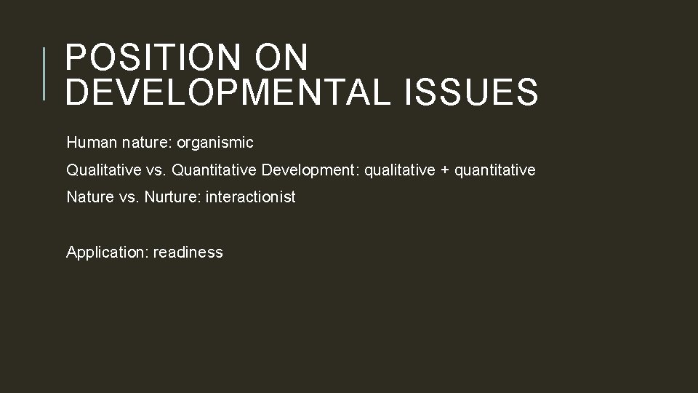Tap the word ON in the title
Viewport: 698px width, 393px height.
click(x=283, y=58)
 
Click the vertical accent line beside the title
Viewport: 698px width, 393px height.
click(x=44, y=73)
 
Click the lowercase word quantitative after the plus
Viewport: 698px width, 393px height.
click(x=494, y=170)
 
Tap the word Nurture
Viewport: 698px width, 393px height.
click(x=173, y=197)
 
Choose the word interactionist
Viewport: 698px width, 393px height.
click(x=251, y=197)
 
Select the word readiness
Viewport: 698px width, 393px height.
click(x=188, y=253)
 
